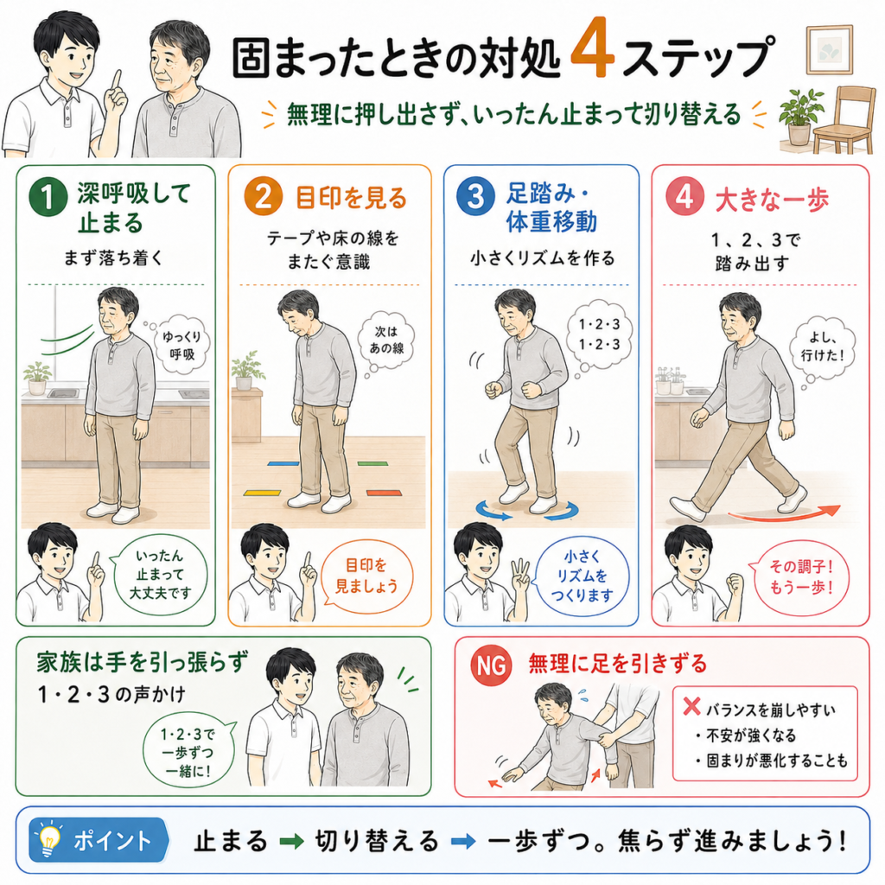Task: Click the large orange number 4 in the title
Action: point(593,48)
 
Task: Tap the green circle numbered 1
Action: point(48,196)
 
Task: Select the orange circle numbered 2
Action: point(263,196)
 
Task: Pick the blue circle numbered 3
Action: point(475,196)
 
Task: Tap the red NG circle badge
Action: point(492,665)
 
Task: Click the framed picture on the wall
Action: point(829,49)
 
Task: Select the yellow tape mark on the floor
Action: point(262,493)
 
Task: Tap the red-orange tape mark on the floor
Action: point(384,493)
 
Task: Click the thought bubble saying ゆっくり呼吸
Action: point(181,344)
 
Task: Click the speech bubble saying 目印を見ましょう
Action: point(366,576)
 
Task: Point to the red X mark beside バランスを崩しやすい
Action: point(691,707)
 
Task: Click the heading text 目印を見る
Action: point(351,198)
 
